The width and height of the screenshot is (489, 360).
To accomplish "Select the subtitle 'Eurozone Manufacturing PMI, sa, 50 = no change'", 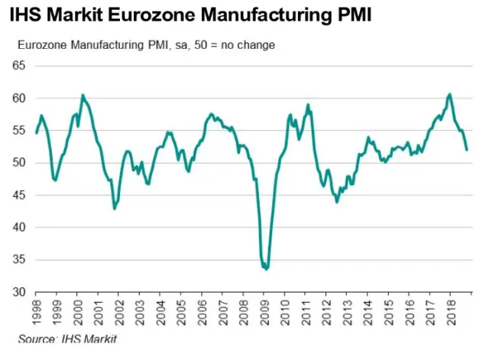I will point(146,44).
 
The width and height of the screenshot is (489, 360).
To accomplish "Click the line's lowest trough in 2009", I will point(265,269).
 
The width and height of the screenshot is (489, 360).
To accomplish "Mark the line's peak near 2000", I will point(83,95).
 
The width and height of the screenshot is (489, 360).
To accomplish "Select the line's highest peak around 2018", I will point(449,94).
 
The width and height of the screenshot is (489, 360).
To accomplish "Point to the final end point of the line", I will point(467,150).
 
